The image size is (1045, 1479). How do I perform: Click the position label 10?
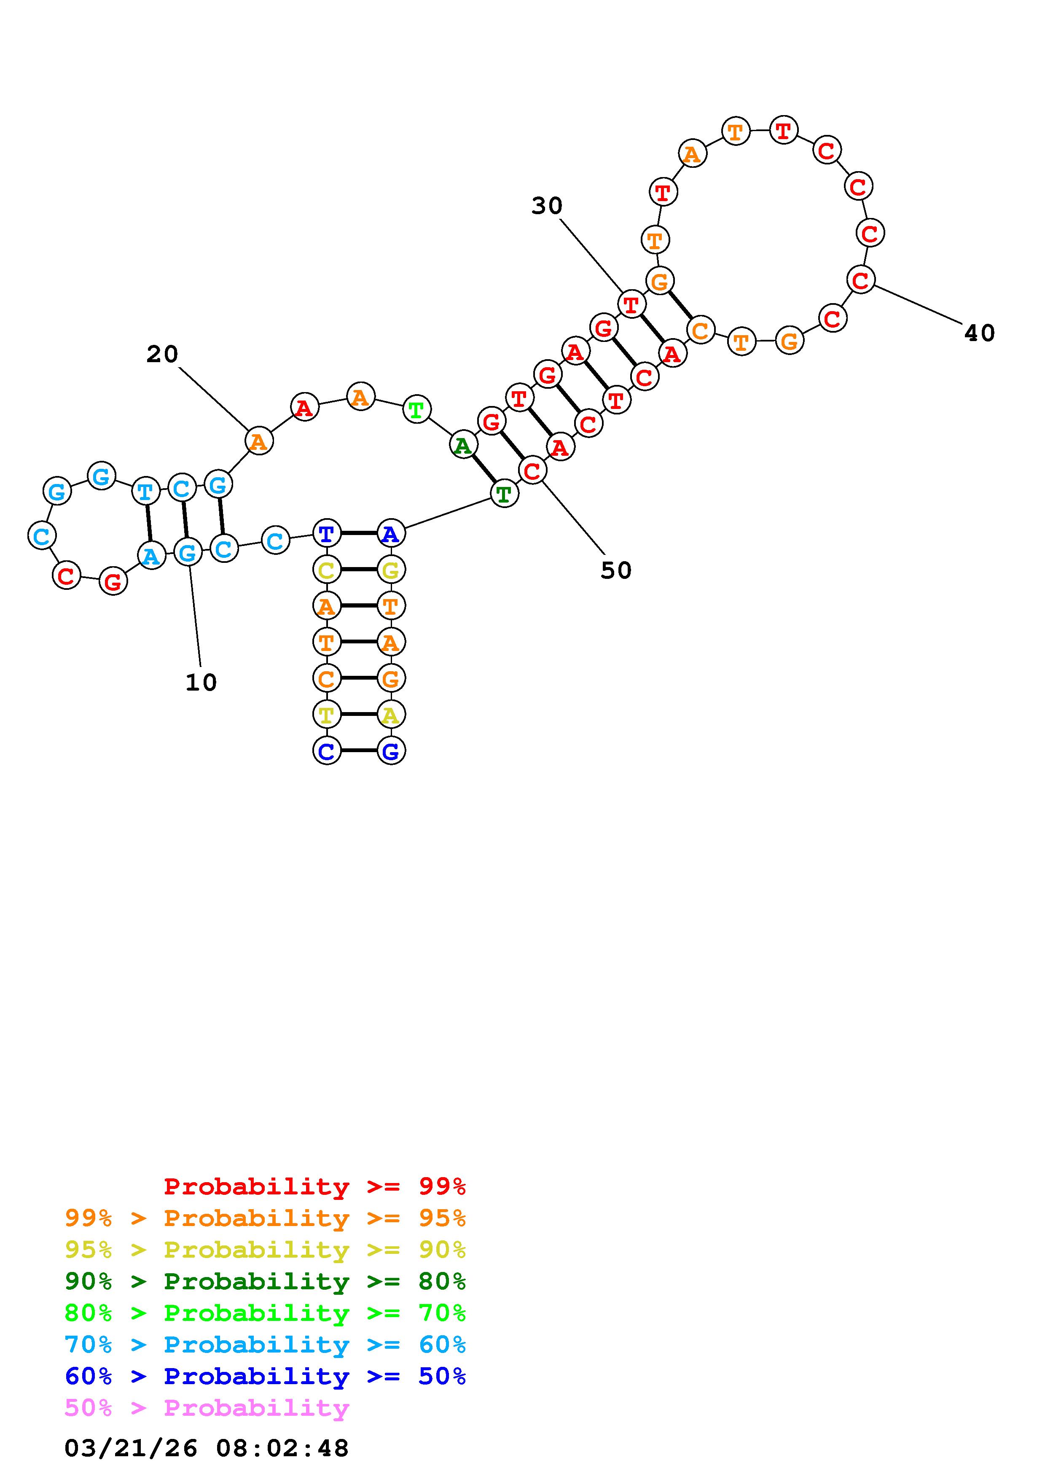click(x=201, y=682)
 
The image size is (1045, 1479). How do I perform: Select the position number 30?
click(x=547, y=206)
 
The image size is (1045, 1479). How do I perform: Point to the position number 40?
click(x=979, y=333)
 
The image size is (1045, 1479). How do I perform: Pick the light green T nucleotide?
click(x=416, y=410)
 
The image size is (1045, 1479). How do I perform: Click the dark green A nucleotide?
click(x=462, y=446)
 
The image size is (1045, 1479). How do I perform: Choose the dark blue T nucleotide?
click(x=326, y=533)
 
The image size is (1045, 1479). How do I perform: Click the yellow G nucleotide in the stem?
click(x=390, y=570)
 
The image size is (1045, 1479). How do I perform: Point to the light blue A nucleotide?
click(x=151, y=555)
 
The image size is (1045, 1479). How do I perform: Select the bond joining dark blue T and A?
click(x=359, y=533)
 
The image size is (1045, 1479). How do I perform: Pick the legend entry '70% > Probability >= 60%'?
click(x=265, y=1345)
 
